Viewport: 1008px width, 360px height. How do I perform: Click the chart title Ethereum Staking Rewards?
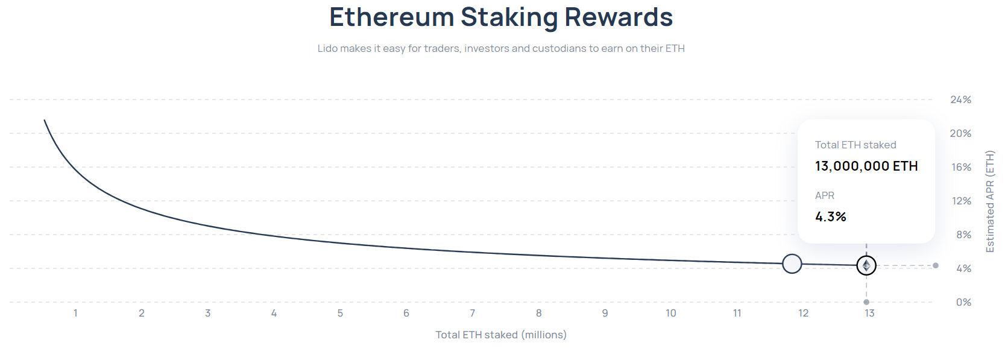coord(500,17)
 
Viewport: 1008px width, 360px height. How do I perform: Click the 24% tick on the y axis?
coord(960,99)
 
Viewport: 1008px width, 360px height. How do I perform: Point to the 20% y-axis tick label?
coord(960,133)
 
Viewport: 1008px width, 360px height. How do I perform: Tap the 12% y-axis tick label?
coord(961,201)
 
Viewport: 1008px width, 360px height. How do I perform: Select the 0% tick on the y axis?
coord(963,302)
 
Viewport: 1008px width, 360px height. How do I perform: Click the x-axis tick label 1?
coord(75,313)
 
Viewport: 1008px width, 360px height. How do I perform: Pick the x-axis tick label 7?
coord(473,313)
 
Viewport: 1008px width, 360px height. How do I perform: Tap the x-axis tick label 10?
coord(671,313)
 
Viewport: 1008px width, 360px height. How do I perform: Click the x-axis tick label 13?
coord(869,313)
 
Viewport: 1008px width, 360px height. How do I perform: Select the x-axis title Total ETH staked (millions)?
coord(501,335)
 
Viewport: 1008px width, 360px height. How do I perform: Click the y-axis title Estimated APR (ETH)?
coord(989,201)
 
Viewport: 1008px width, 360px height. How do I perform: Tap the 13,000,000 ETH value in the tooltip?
coord(866,166)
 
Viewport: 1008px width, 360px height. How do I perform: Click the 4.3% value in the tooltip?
coord(831,216)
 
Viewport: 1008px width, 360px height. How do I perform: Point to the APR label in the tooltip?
coord(825,195)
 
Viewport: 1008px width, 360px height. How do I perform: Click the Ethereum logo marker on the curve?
coord(866,265)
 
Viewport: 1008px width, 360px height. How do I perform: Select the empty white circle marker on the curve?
coord(792,264)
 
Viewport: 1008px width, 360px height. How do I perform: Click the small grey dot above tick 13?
coord(866,302)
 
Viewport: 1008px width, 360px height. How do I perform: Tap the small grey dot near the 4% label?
coord(935,265)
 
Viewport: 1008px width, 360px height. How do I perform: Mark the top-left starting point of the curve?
coord(44,121)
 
